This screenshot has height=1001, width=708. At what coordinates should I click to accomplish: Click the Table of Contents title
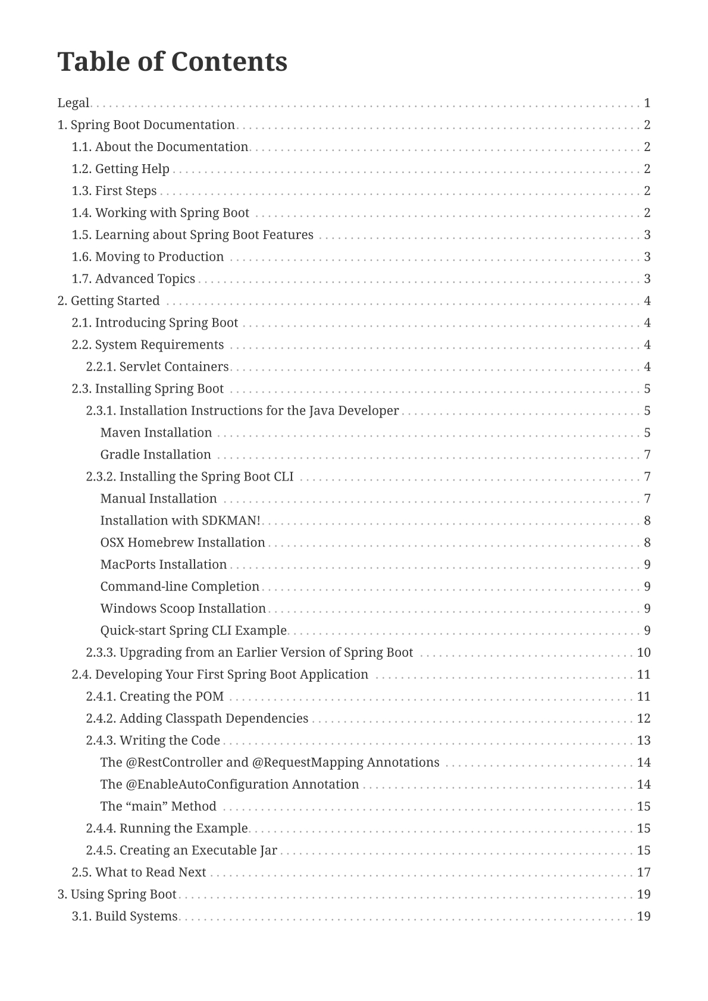pos(172,62)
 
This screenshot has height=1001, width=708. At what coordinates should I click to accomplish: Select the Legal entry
pos(73,103)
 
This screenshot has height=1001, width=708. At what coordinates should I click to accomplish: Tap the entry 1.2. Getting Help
pos(120,169)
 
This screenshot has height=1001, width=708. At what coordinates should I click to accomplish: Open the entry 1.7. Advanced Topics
pos(133,279)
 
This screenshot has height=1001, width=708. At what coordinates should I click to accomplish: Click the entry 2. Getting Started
pos(108,301)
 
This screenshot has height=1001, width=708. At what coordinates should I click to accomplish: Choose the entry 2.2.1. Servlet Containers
pos(157,367)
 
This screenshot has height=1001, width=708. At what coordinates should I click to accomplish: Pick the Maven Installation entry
pos(156,433)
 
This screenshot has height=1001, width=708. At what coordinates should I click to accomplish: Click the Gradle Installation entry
pos(155,455)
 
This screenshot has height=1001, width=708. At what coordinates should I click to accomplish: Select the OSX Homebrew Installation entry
pos(182,542)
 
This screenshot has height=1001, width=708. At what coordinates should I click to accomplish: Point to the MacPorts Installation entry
pos(163,564)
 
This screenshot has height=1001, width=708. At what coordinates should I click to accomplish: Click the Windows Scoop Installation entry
pos(183,608)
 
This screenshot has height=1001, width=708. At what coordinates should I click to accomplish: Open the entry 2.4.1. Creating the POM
pos(155,696)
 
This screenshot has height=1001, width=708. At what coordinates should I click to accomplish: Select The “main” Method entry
pos(158,807)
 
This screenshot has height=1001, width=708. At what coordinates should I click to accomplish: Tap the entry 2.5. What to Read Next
pos(139,873)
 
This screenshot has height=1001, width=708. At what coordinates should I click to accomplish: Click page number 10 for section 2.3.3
pos(644,652)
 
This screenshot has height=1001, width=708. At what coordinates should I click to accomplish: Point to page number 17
pos(644,873)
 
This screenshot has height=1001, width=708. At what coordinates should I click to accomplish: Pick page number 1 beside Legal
pos(647,103)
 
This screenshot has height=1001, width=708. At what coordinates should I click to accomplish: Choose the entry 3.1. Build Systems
pos(124,917)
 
